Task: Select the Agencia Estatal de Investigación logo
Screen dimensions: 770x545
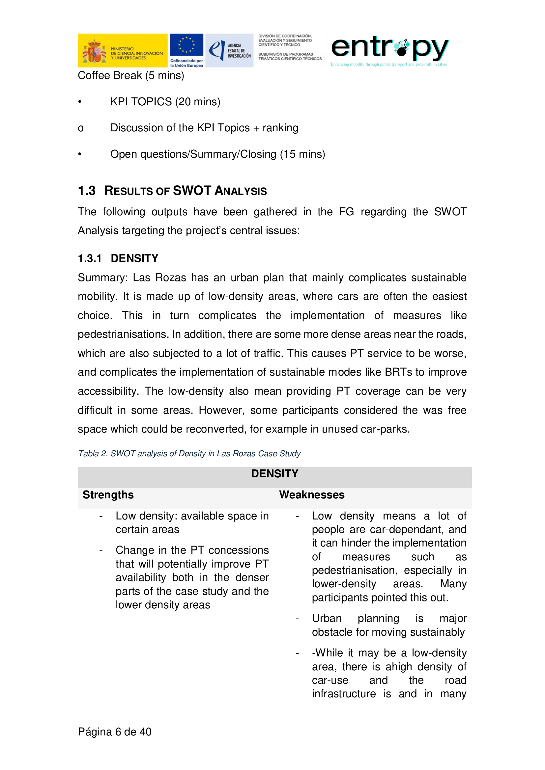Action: pyautogui.click(x=229, y=50)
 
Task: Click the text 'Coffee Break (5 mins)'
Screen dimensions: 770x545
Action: pyautogui.click(x=131, y=75)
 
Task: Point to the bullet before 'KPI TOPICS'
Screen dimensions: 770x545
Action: pyautogui.click(x=80, y=102)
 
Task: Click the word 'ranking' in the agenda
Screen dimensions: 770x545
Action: pyautogui.click(x=280, y=128)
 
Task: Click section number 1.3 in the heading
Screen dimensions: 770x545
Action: pyautogui.click(x=87, y=191)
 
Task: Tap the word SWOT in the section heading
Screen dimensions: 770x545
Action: pyautogui.click(x=192, y=191)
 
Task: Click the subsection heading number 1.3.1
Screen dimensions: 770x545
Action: pyautogui.click(x=90, y=258)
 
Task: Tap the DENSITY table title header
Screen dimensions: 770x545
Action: pyautogui.click(x=274, y=474)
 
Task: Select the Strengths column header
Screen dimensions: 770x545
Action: pyautogui.click(x=108, y=495)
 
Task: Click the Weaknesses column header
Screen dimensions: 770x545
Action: pyautogui.click(x=312, y=495)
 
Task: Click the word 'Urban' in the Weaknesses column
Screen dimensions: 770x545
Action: pyautogui.click(x=327, y=619)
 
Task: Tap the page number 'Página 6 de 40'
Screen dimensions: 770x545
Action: pyautogui.click(x=114, y=732)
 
